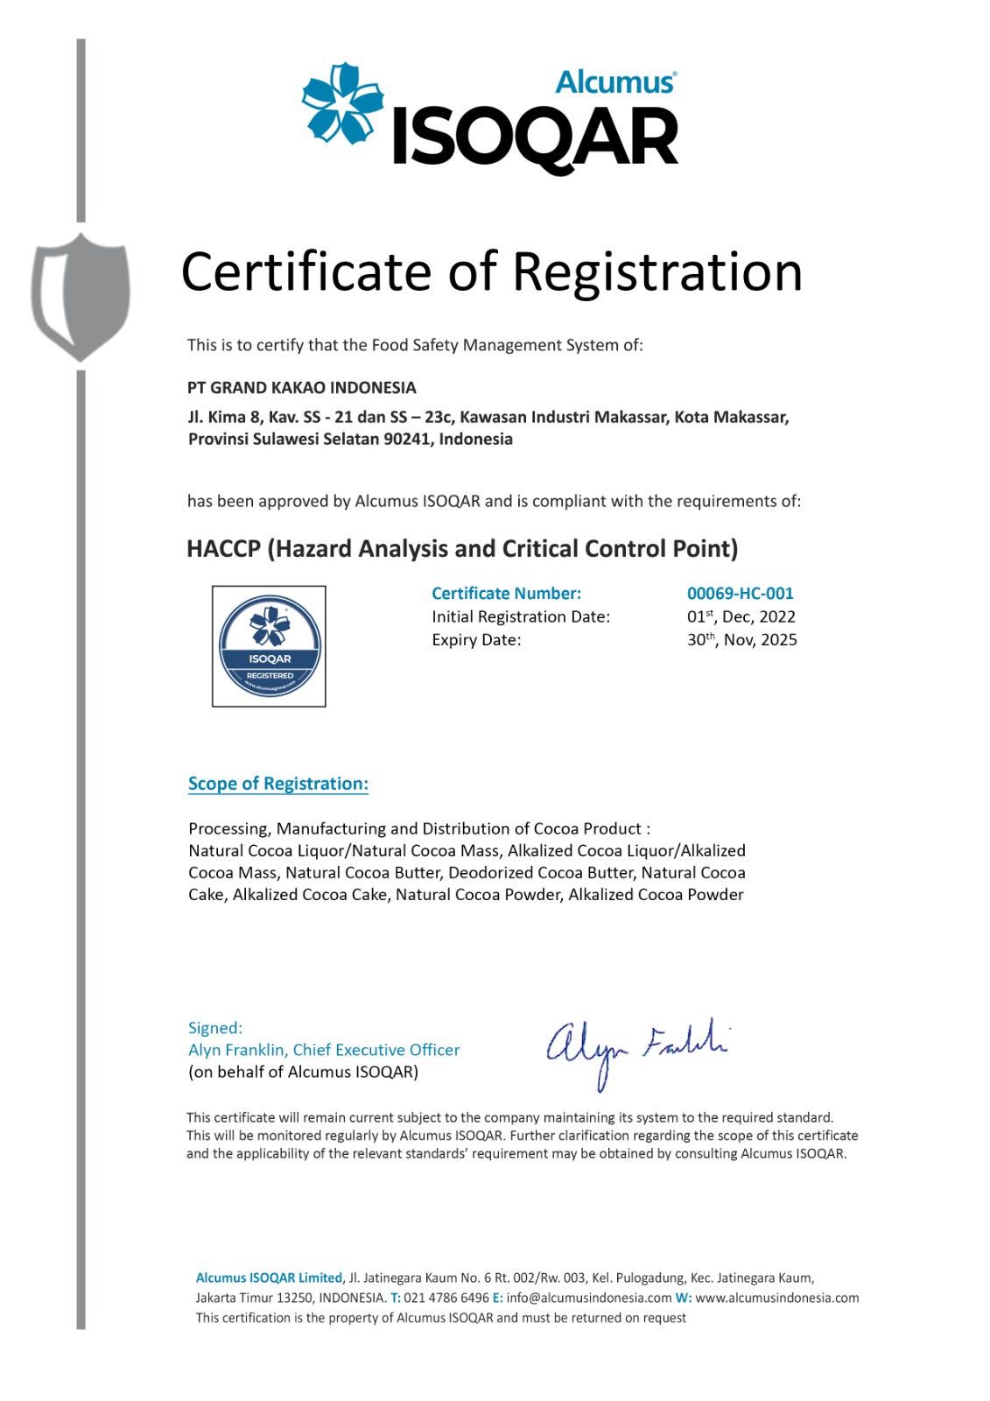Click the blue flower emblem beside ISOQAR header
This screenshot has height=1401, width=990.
click(341, 103)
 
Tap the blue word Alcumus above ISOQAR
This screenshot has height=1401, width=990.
click(615, 82)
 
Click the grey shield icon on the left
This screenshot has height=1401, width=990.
click(81, 296)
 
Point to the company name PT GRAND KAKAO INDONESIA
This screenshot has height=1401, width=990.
click(302, 388)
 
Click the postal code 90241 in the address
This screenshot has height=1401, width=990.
click(407, 439)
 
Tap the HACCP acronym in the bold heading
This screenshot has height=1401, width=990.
click(223, 549)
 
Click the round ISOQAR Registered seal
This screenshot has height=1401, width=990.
click(270, 646)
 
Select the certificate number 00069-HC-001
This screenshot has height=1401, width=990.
click(740, 594)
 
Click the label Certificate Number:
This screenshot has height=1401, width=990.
click(506, 594)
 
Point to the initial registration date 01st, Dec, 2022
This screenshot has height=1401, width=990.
click(741, 616)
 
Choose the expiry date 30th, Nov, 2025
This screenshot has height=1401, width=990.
click(741, 640)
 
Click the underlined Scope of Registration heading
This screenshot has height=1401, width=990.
click(278, 784)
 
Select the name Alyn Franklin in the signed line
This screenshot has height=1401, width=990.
click(236, 1050)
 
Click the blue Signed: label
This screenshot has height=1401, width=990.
click(215, 1028)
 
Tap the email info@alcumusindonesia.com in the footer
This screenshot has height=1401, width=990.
click(588, 1298)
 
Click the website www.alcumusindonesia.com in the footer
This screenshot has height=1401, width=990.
click(777, 1298)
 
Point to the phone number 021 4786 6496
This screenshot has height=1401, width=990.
click(446, 1298)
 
